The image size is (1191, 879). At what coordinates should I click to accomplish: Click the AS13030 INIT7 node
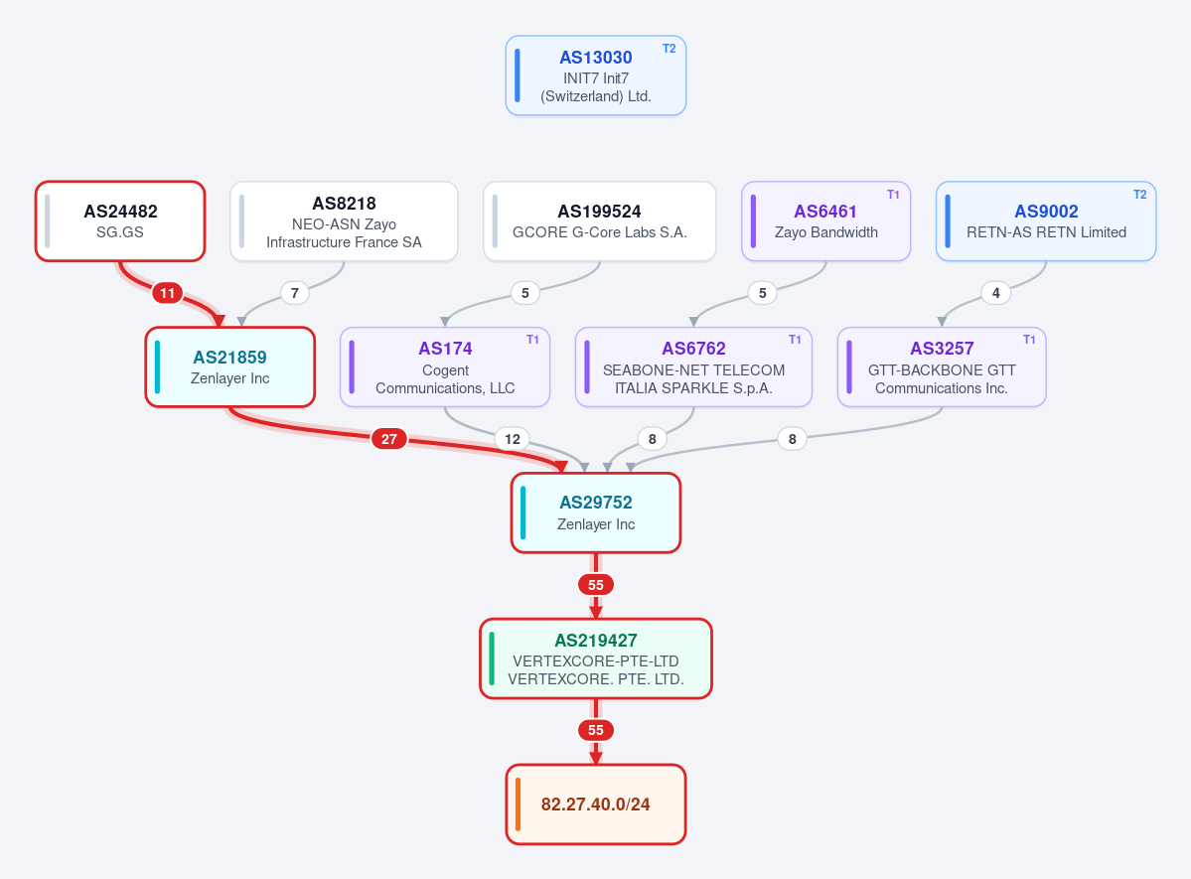pyautogui.click(x=596, y=75)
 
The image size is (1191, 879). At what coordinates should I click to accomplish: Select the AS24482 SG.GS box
pyautogui.click(x=120, y=221)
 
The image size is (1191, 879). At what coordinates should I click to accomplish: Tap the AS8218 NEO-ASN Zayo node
pyautogui.click(x=344, y=221)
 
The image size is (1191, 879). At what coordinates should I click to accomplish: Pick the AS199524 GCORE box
pyautogui.click(x=599, y=221)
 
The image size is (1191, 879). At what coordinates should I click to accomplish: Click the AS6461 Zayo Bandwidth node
pyautogui.click(x=825, y=221)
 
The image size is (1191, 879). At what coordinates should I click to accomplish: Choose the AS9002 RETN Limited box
pyautogui.click(x=1046, y=221)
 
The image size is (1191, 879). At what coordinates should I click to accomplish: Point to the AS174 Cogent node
pyautogui.click(x=445, y=366)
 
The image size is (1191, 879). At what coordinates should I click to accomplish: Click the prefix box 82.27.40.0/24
pyautogui.click(x=596, y=804)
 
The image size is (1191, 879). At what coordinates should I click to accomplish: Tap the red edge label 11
pyautogui.click(x=167, y=292)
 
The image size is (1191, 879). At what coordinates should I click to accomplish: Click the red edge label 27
pyautogui.click(x=389, y=438)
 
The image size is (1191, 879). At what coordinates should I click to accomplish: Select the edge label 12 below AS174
pyautogui.click(x=513, y=438)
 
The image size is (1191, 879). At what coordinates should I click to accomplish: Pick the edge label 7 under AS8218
pyautogui.click(x=295, y=292)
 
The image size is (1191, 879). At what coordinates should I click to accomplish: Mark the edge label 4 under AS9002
pyautogui.click(x=995, y=292)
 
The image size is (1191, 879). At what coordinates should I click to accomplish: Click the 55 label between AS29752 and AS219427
pyautogui.click(x=596, y=584)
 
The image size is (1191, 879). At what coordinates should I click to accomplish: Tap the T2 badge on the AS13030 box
pyautogui.click(x=669, y=49)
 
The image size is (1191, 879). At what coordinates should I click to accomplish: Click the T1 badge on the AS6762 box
pyautogui.click(x=795, y=340)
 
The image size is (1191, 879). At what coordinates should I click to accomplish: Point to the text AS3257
pyautogui.click(x=942, y=349)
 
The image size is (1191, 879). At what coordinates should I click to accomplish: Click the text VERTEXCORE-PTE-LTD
pyautogui.click(x=596, y=660)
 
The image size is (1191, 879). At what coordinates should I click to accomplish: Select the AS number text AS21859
pyautogui.click(x=230, y=358)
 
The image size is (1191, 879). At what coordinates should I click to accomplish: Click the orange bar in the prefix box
pyautogui.click(x=519, y=804)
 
